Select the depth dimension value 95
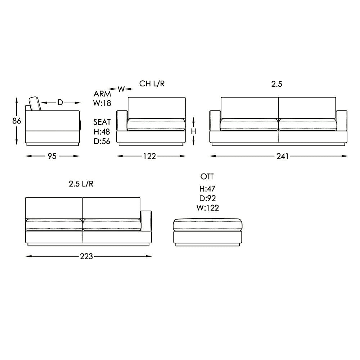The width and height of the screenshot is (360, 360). coord(53,156)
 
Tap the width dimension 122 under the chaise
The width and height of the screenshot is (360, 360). coord(150,156)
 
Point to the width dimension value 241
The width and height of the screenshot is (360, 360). coord(283,156)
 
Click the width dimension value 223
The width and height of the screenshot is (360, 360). coord(86,256)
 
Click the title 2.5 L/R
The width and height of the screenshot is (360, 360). coord(81,184)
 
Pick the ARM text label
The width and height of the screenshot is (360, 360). coord(102,94)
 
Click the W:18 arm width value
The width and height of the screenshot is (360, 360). coord(102,103)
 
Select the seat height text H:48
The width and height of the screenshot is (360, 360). coord(102,132)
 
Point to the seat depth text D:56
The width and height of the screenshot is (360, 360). coord(102,141)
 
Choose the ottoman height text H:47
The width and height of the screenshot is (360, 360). coord(207,189)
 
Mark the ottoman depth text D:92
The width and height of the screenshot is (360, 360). coord(207,198)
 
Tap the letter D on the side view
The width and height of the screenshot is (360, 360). coord(60,103)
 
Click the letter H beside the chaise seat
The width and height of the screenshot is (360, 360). coord(193,132)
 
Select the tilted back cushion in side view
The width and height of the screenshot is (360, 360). coord(35,104)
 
